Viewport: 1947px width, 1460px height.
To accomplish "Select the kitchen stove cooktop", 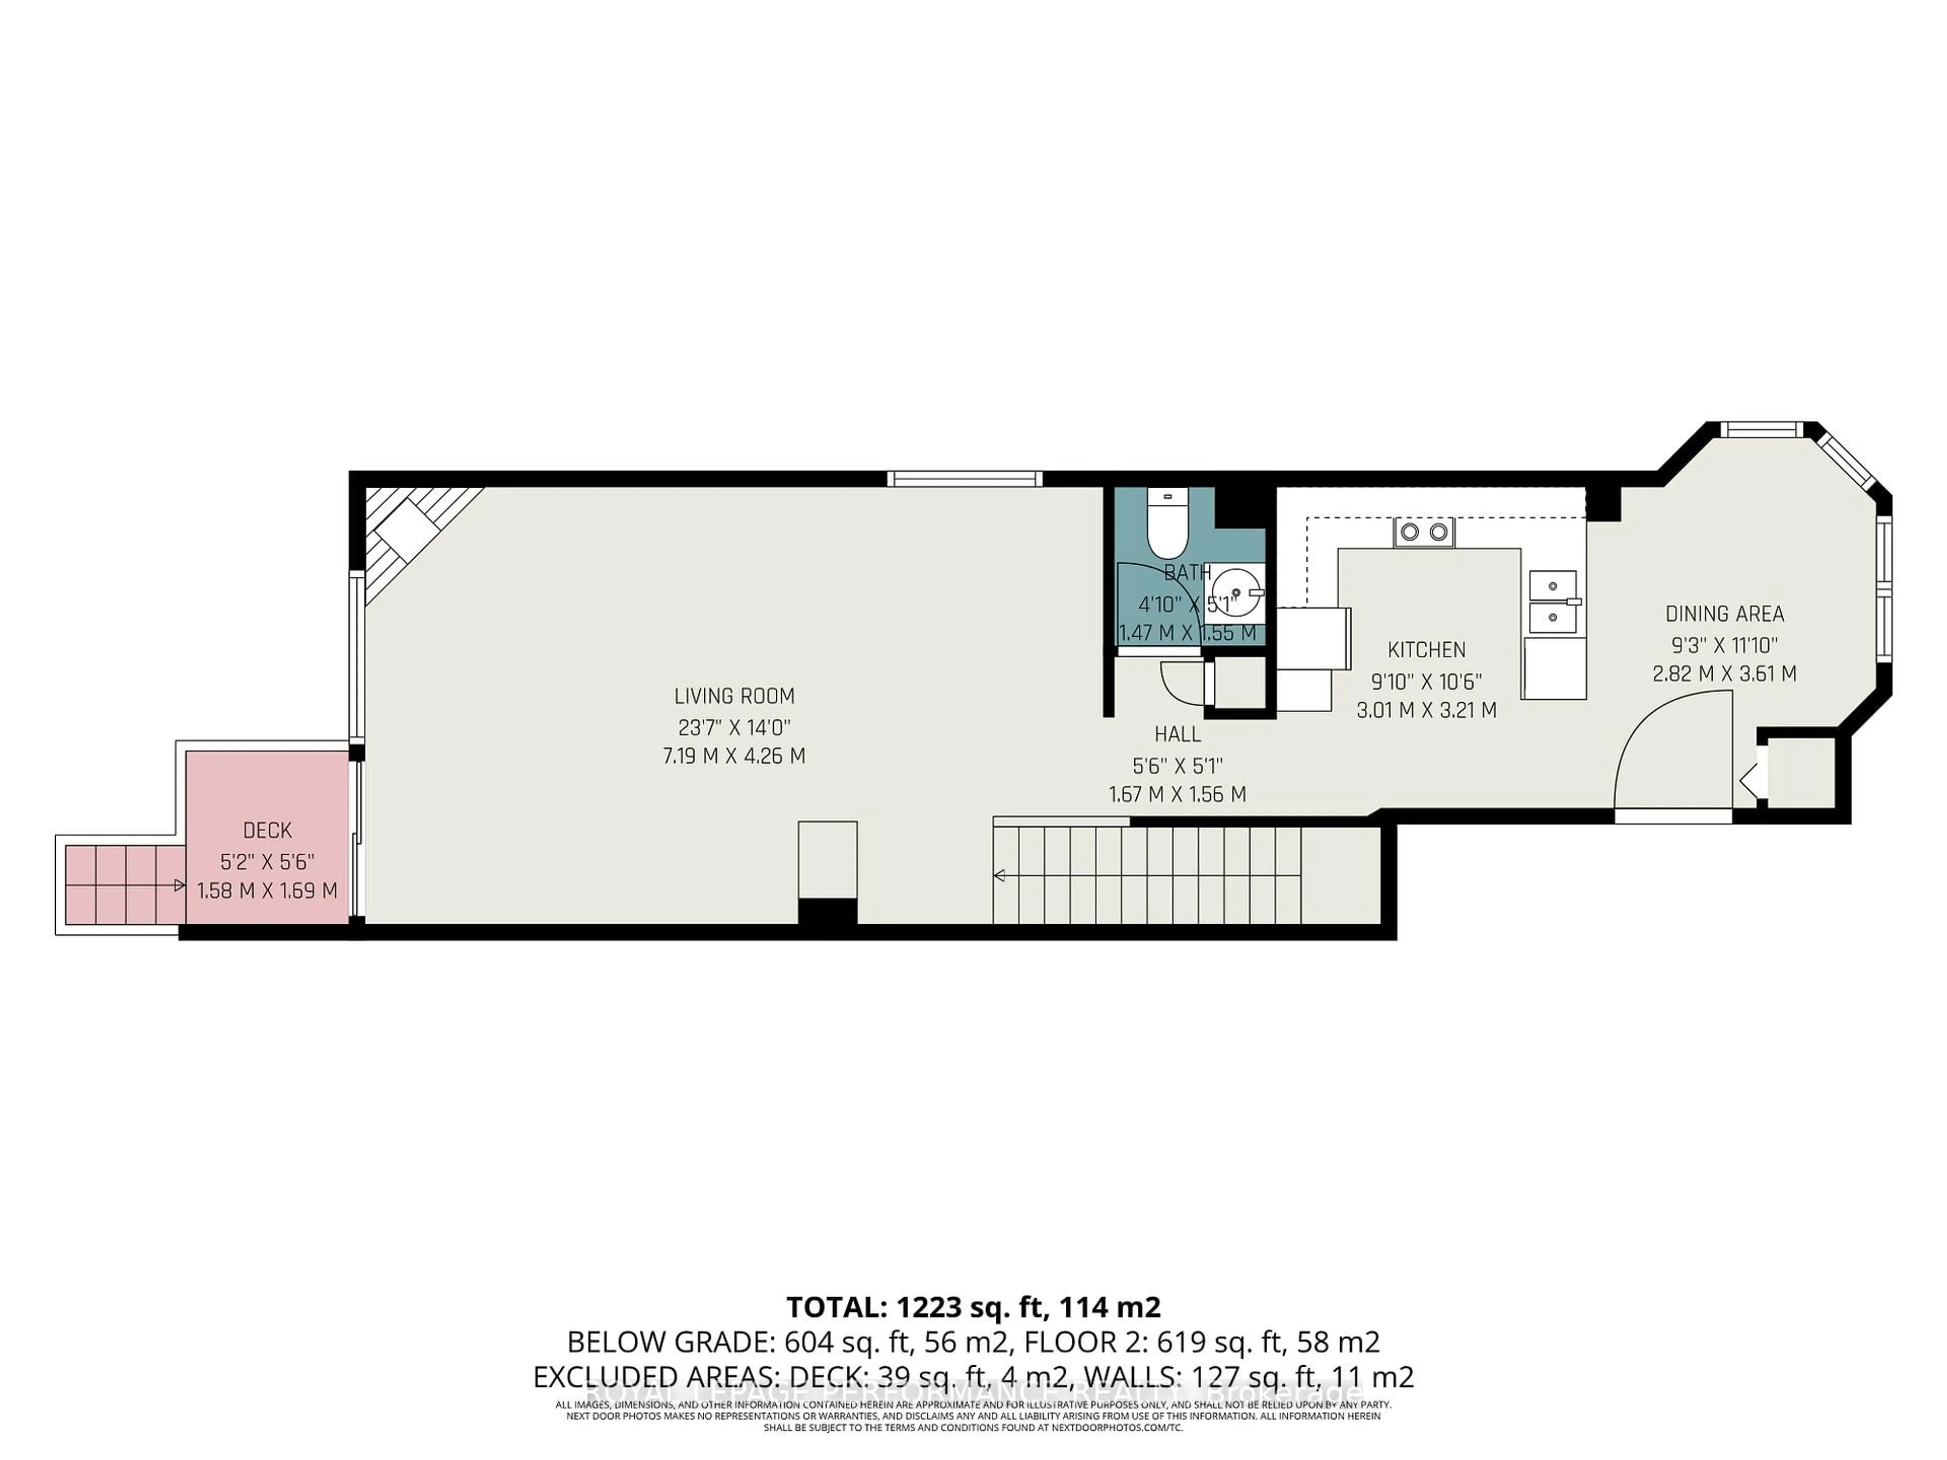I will (x=1423, y=532).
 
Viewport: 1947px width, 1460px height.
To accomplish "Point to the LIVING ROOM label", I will (x=734, y=696).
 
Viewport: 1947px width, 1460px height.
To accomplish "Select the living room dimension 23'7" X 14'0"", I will (x=734, y=727).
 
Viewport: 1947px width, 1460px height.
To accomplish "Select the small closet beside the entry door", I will (x=1801, y=773).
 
